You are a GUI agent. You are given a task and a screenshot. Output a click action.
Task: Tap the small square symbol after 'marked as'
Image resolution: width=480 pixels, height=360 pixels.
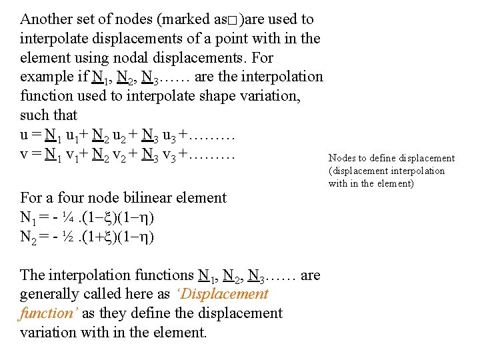pyautogui.click(x=233, y=21)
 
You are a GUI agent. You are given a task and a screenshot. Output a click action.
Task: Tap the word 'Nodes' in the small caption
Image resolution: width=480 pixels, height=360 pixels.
pyautogui.click(x=342, y=159)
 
